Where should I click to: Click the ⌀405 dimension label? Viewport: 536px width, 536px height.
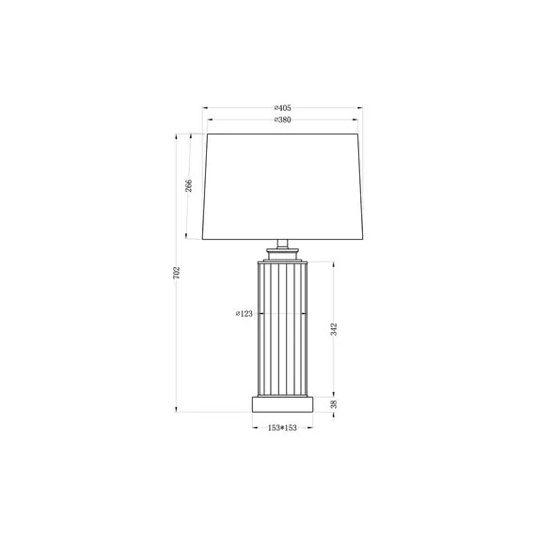(x=282, y=108)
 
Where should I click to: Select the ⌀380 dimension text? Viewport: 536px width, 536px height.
(x=282, y=120)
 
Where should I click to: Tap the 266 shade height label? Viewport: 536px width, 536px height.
(x=189, y=185)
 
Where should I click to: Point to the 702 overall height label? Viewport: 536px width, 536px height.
(x=177, y=273)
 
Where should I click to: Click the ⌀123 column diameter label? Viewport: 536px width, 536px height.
(x=244, y=313)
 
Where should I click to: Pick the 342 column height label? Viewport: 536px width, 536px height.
(x=334, y=329)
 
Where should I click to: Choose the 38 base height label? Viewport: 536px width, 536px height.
(x=334, y=404)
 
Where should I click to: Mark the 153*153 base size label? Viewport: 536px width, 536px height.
(x=282, y=428)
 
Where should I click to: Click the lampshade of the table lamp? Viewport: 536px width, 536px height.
(x=282, y=186)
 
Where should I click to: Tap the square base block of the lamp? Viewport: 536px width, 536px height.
(x=283, y=404)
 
